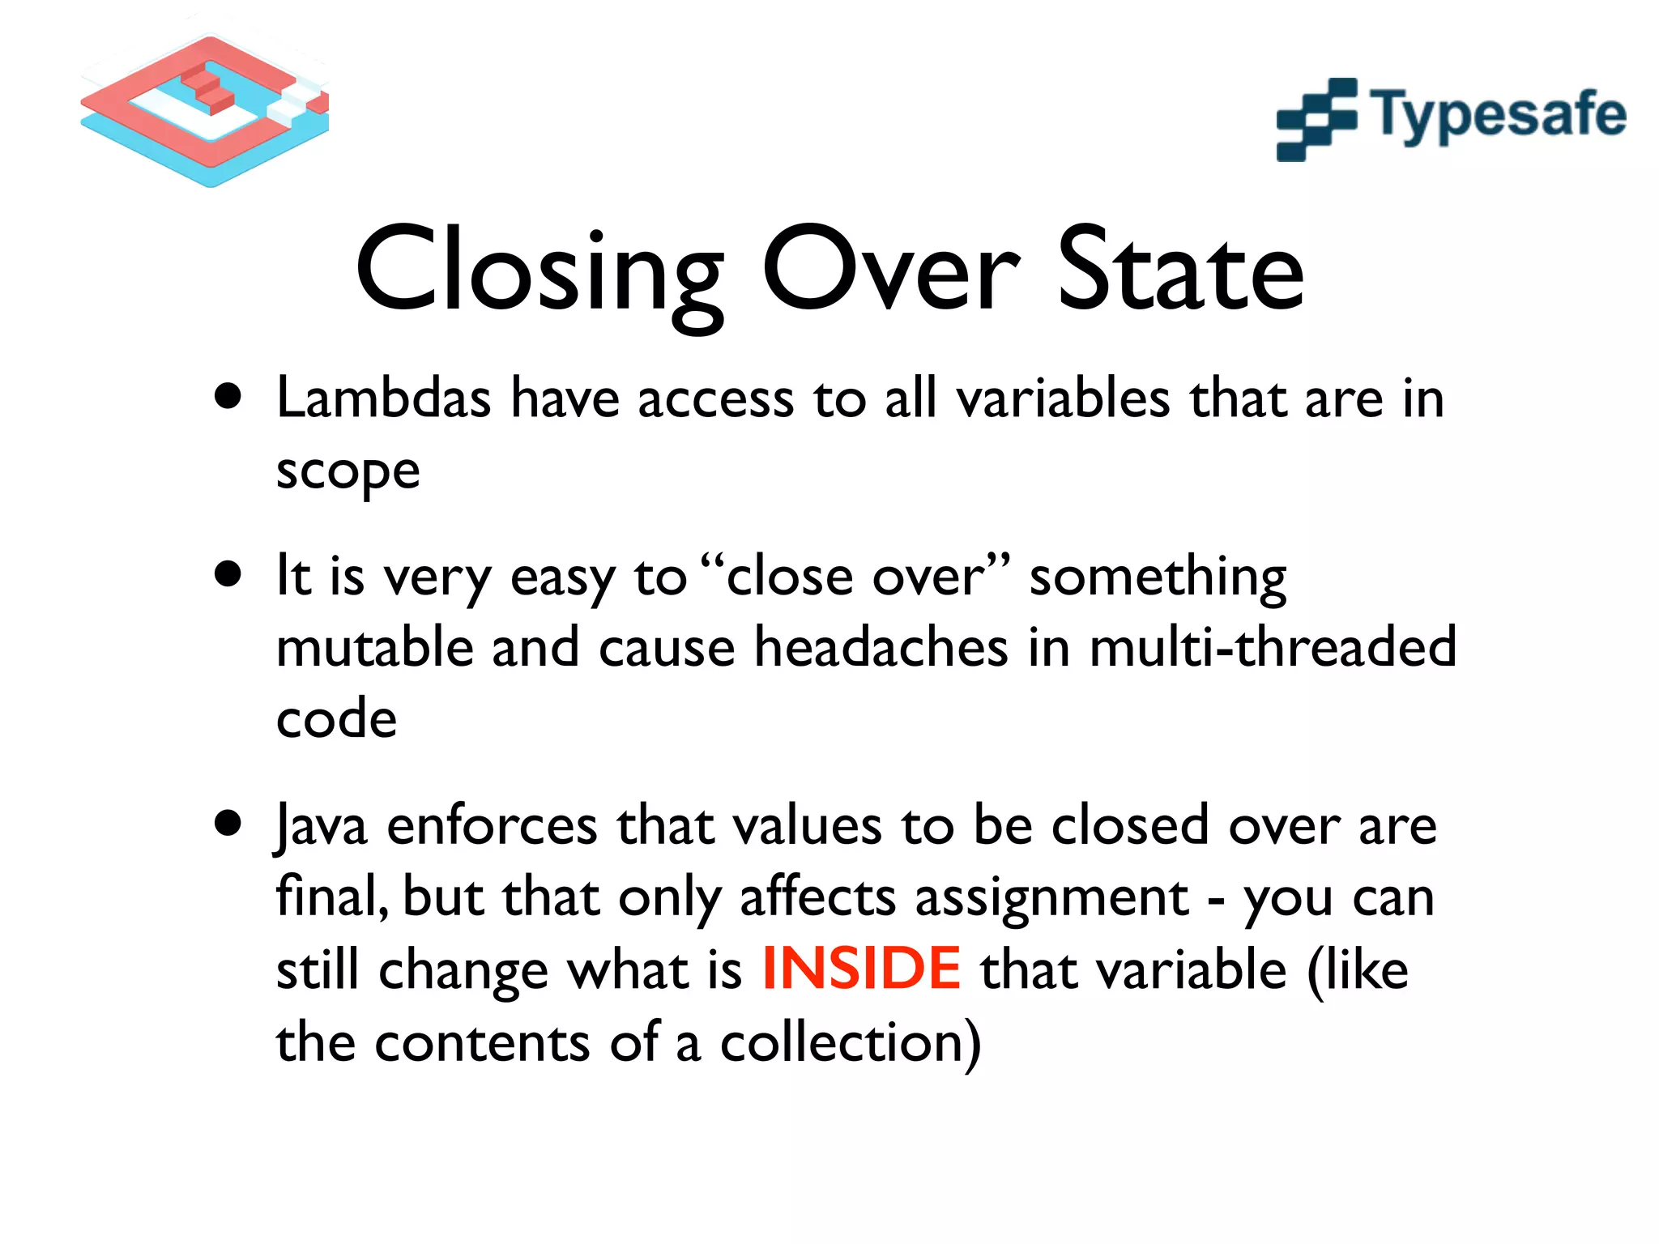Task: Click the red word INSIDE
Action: (x=861, y=969)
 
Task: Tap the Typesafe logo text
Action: (x=1497, y=116)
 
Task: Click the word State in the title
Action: (x=1180, y=270)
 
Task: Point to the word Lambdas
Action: (x=383, y=398)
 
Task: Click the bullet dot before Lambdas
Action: (x=228, y=397)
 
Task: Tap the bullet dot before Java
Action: (x=228, y=824)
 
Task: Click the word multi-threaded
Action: (x=1273, y=647)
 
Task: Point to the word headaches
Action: (x=881, y=647)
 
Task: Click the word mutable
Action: (x=374, y=647)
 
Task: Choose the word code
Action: (x=336, y=718)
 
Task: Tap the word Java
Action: (x=321, y=826)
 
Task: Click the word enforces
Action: (x=493, y=826)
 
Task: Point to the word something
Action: (x=1157, y=577)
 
